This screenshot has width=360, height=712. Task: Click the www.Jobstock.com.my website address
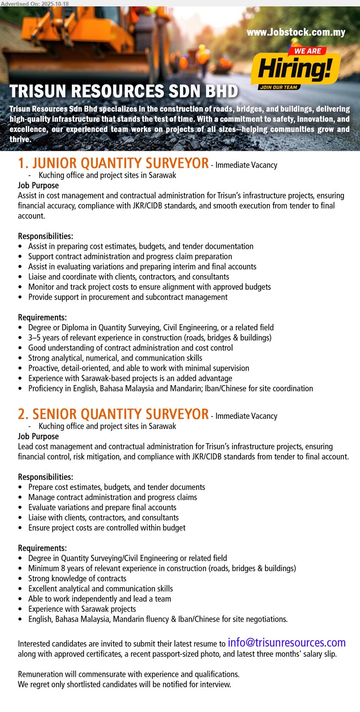296,32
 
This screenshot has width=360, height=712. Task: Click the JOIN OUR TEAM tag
278,87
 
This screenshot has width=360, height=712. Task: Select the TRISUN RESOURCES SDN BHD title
124,91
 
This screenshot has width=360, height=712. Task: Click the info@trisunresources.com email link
286,643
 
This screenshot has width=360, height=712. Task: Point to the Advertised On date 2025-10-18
35,3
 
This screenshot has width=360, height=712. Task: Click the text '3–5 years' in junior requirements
44,338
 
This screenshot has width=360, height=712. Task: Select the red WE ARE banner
307,51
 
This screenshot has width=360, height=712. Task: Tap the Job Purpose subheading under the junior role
38,185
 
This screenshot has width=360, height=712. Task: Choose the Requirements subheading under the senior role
42,548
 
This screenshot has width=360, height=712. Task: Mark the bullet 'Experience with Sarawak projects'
82,609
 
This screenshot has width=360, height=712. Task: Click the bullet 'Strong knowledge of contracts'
77,579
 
